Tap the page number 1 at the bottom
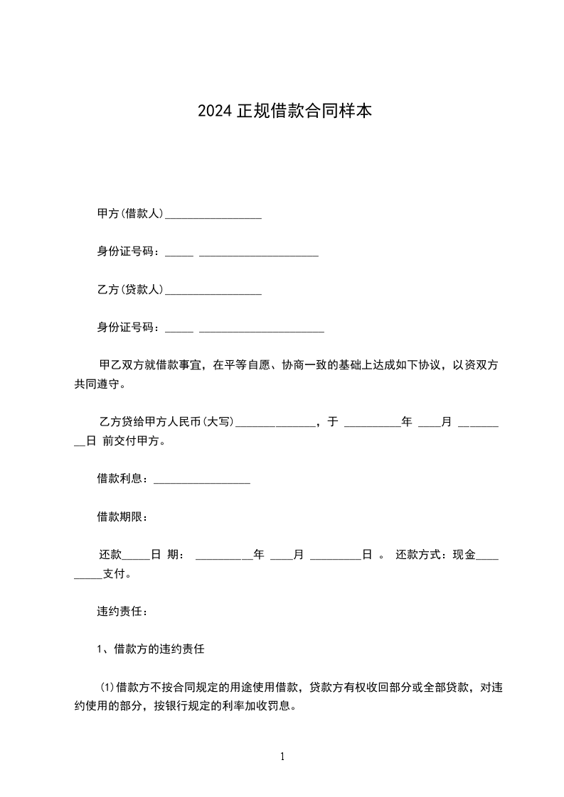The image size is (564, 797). tap(282, 757)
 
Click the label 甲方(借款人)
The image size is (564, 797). tap(131, 213)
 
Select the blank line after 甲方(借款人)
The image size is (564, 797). tap(213, 215)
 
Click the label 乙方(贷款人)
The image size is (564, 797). tap(131, 290)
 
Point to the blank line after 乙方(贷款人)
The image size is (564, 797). tap(213, 292)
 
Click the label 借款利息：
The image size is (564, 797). tap(124, 479)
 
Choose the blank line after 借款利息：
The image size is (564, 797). tap(202, 481)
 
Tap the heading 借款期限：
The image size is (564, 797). tap(122, 517)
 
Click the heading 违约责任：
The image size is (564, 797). tap(122, 611)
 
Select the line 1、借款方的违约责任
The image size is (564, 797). tap(151, 649)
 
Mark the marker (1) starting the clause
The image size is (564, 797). tap(107, 688)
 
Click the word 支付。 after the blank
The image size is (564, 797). tap(117, 574)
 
